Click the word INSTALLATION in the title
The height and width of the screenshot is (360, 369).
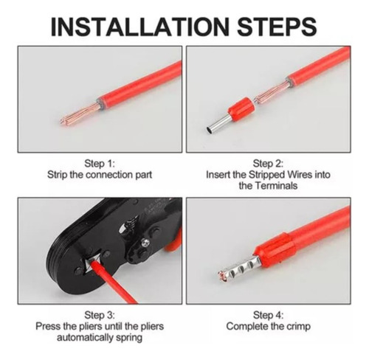point(139,27)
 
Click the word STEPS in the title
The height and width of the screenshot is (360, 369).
point(277,27)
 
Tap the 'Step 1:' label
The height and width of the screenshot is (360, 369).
point(100,164)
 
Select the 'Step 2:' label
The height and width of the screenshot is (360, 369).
point(268,164)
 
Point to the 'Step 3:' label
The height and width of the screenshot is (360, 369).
point(100,315)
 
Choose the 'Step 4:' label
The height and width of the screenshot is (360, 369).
point(268,315)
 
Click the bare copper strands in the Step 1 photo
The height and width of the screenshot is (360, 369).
point(80,114)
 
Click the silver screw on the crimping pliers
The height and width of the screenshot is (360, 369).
point(145,243)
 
